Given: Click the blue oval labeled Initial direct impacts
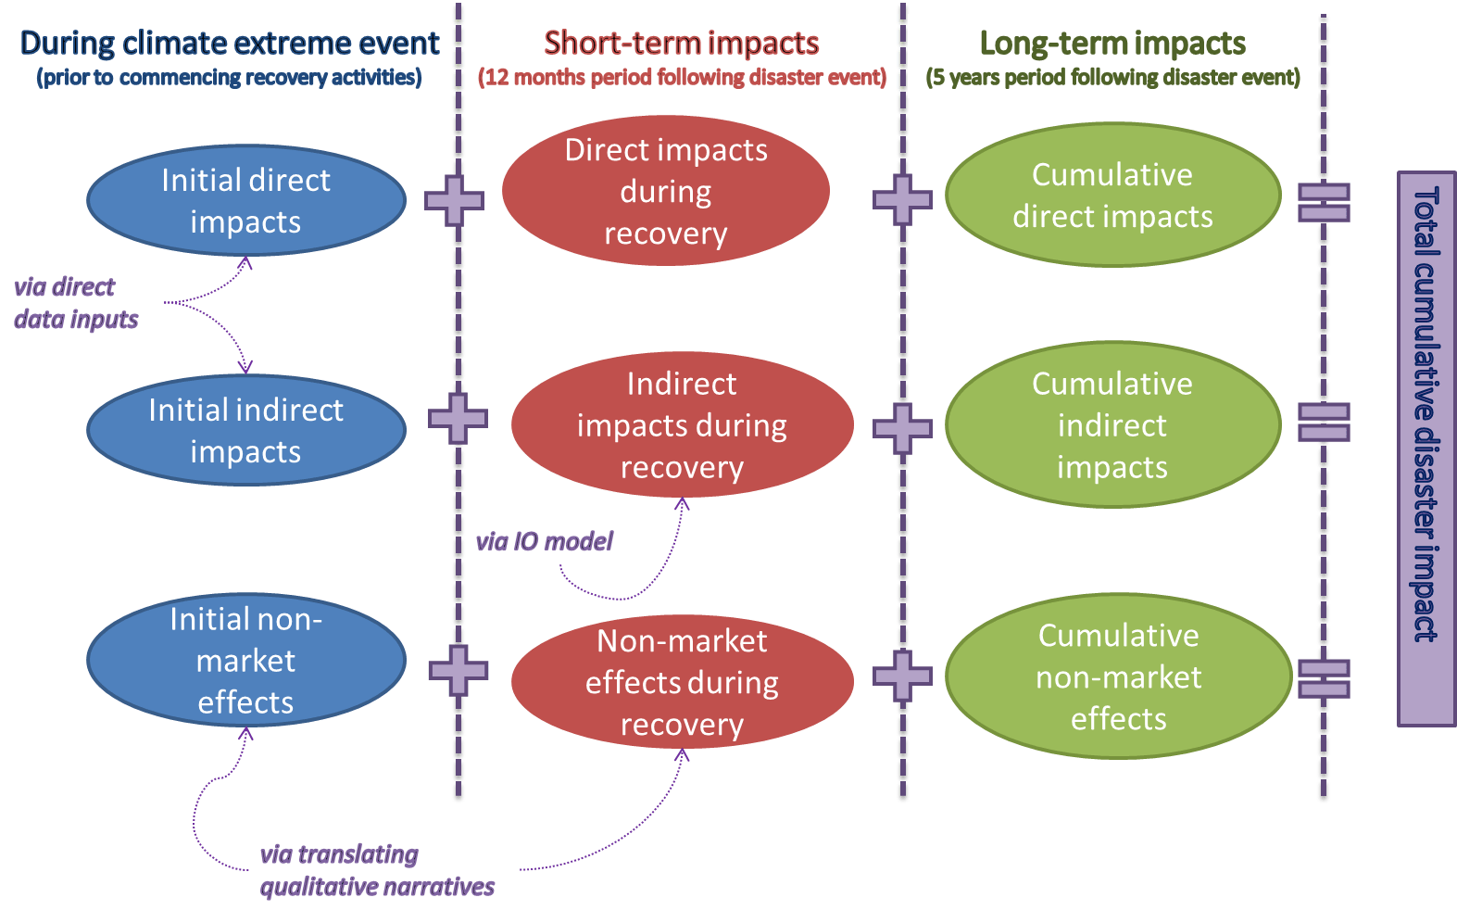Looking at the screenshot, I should [x=246, y=200].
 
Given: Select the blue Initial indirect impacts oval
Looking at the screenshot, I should [x=246, y=430].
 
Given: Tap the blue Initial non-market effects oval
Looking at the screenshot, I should [x=246, y=660].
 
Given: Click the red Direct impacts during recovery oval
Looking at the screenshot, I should [x=666, y=191].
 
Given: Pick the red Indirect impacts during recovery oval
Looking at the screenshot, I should [x=682, y=425].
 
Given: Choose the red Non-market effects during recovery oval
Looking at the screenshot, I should [x=682, y=682].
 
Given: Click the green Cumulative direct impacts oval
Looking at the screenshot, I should [x=1112, y=196].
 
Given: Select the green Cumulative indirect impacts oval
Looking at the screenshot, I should [x=1112, y=425].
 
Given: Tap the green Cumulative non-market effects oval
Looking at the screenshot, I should [x=1118, y=676].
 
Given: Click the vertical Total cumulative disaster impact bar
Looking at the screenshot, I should [x=1426, y=449].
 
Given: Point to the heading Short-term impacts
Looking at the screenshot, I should [x=681, y=43].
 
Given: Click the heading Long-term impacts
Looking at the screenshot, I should [x=1112, y=43].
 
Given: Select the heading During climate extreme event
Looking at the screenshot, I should [x=229, y=43].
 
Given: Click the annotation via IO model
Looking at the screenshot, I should [x=545, y=541].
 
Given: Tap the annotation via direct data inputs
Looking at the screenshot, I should [x=74, y=303].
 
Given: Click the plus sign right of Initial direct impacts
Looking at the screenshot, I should [x=454, y=200].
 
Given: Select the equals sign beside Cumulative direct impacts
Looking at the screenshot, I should [x=1324, y=202].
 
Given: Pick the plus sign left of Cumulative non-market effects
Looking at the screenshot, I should [x=902, y=676].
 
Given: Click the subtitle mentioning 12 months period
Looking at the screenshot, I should [x=682, y=77].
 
